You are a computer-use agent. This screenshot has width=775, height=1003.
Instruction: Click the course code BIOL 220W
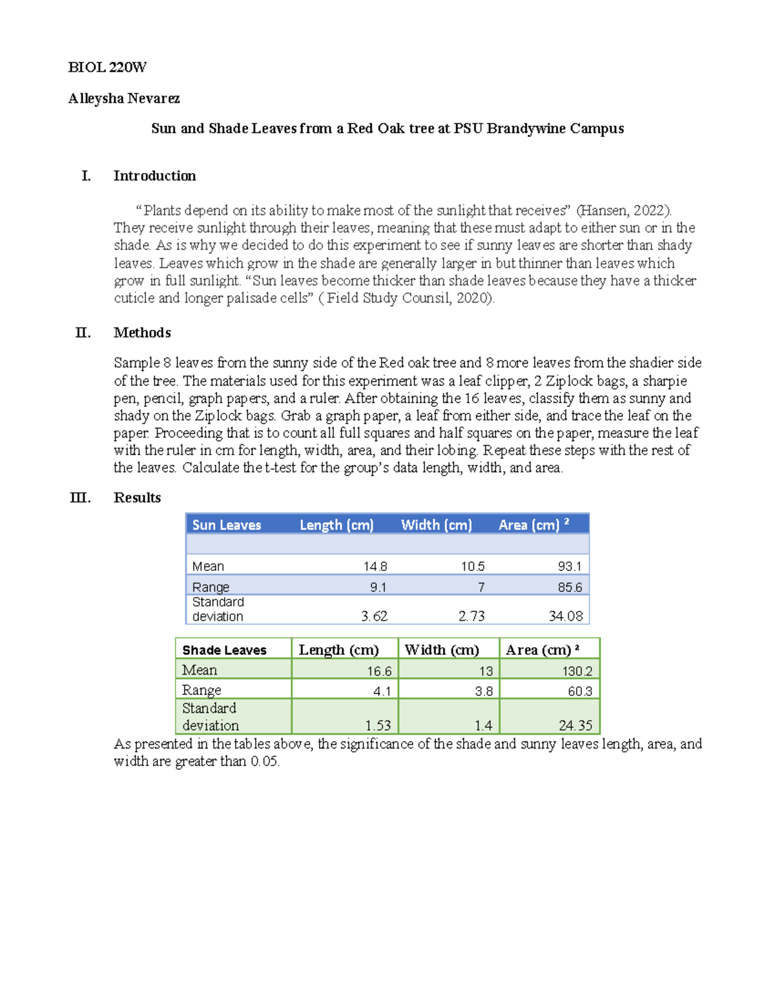pos(107,67)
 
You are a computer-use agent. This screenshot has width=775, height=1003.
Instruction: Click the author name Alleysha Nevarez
pos(124,98)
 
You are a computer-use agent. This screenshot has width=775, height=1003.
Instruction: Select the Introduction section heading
pos(154,176)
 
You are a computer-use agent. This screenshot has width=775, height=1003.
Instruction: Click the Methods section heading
pos(142,333)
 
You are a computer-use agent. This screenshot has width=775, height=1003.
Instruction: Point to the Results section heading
pos(137,497)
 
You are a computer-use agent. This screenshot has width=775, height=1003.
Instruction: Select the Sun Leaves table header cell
pos(227,525)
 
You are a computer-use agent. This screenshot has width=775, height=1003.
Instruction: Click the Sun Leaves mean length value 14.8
pos(375,566)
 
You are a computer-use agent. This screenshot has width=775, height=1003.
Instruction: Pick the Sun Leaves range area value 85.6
pos(569,587)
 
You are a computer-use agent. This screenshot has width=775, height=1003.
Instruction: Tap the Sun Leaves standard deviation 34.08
pos(565,616)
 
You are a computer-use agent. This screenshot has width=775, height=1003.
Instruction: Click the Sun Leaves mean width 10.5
pos(472,566)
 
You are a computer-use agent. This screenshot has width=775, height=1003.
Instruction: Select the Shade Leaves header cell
pos(224,650)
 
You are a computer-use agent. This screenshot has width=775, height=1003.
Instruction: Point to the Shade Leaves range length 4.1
pos(382,691)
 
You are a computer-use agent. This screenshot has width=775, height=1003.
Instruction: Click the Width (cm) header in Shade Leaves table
pos(442,650)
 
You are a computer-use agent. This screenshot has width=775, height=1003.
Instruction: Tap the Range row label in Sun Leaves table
pos(211,587)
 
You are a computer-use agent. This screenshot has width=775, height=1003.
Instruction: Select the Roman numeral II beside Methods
pos(83,333)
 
